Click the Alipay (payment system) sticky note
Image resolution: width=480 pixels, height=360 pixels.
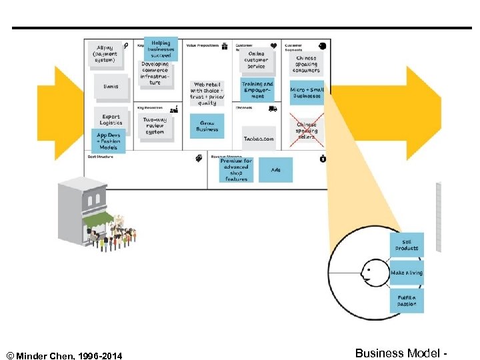pyautogui.click(x=107, y=55)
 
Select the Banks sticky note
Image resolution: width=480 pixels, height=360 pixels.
pyautogui.click(x=111, y=85)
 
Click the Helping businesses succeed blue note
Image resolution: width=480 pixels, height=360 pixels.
pyautogui.click(x=161, y=49)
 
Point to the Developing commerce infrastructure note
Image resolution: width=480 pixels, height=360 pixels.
pyautogui.click(x=155, y=73)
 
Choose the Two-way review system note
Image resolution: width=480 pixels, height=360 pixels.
pyautogui.click(x=155, y=125)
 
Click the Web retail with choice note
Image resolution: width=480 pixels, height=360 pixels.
pyautogui.click(x=207, y=93)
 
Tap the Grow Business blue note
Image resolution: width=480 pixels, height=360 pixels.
pyautogui.click(x=207, y=125)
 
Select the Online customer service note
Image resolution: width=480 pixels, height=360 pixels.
pyautogui.click(x=257, y=60)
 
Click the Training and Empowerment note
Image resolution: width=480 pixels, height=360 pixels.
pyautogui.click(x=257, y=90)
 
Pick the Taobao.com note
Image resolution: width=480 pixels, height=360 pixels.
pyautogui.click(x=258, y=139)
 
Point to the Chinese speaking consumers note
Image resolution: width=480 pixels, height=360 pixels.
pyautogui.click(x=307, y=63)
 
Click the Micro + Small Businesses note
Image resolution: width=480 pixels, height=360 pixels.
pyautogui.click(x=307, y=92)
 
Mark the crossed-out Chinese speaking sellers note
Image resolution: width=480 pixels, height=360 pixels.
pyautogui.click(x=307, y=127)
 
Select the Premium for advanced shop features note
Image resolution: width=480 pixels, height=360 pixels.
pyautogui.click(x=236, y=170)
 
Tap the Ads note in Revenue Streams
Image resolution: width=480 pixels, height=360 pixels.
pyautogui.click(x=276, y=170)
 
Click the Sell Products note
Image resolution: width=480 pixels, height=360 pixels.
pyautogui.click(x=407, y=245)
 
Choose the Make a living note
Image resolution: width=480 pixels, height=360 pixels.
pyautogui.click(x=407, y=273)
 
